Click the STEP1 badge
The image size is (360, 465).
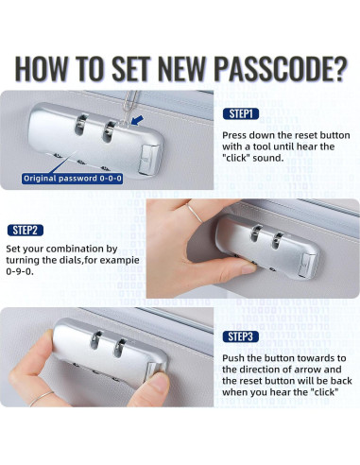click(241, 113)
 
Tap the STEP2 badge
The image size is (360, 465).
click(25, 230)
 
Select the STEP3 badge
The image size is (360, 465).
click(241, 336)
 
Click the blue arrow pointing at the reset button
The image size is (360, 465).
click(137, 120)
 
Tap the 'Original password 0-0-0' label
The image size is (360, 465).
click(73, 179)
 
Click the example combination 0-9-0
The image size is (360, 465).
click(20, 271)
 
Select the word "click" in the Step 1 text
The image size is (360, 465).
click(237, 158)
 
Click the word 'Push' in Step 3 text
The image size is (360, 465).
click(233, 358)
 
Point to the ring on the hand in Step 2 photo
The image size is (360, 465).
click(194, 213)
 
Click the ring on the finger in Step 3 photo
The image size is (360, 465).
click(41, 398)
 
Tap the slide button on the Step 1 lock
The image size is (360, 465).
click(148, 160)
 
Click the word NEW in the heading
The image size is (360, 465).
click(181, 69)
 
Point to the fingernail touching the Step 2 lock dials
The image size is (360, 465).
click(249, 268)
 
